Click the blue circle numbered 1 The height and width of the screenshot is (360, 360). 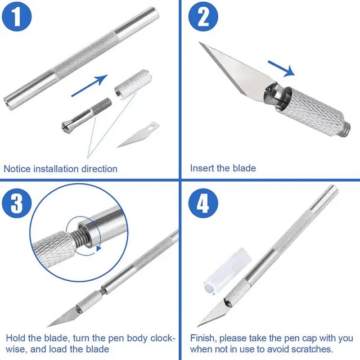[x=16, y=17]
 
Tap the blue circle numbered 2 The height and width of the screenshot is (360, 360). [x=203, y=17]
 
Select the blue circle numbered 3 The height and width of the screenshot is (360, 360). [x=16, y=203]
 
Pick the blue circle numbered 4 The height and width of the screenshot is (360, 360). [x=203, y=203]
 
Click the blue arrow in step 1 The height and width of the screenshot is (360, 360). [x=89, y=85]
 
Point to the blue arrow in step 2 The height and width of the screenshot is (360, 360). [x=281, y=68]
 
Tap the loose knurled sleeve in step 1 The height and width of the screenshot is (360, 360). [x=133, y=84]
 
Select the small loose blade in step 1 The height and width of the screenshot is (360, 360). [x=139, y=134]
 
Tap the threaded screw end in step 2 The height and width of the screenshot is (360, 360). [x=346, y=130]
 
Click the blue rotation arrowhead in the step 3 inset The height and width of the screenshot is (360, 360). [x=99, y=248]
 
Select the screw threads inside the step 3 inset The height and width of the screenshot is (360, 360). [x=79, y=238]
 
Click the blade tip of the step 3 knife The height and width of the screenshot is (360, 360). [x=47, y=326]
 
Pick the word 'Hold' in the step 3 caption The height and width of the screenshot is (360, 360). [x=16, y=338]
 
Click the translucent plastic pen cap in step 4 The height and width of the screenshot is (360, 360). [x=227, y=271]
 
